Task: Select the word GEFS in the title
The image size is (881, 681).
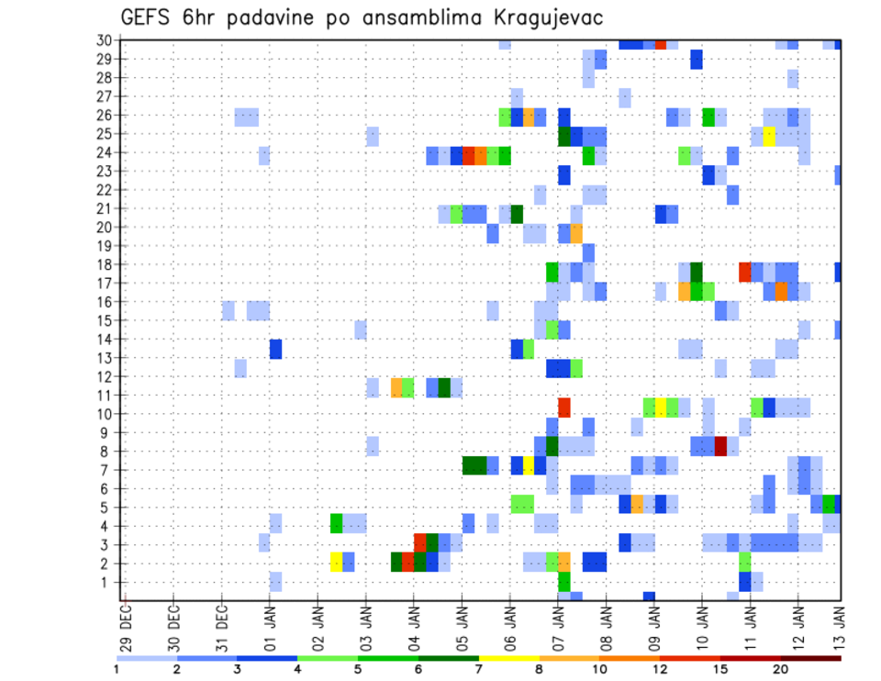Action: [146, 17]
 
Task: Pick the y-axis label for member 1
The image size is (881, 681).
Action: [106, 582]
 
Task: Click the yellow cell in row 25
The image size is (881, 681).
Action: [769, 135]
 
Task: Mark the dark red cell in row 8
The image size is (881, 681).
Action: [720, 446]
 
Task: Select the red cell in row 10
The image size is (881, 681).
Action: [564, 407]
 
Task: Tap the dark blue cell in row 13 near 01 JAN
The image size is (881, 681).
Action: [275, 349]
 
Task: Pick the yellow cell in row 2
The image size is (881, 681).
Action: [336, 561]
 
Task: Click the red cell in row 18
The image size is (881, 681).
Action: [744, 271]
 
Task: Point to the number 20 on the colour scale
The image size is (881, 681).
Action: [780, 669]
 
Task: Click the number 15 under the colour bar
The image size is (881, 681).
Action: [720, 669]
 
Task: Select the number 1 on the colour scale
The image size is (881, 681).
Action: [116, 669]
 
